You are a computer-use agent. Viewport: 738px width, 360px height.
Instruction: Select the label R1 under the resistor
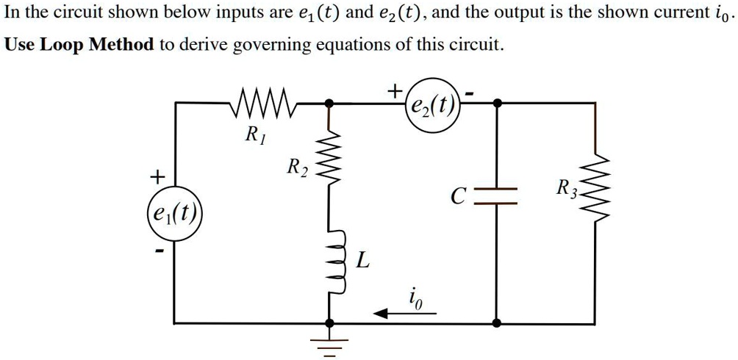252,134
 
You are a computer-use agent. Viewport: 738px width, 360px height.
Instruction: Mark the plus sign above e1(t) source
156,177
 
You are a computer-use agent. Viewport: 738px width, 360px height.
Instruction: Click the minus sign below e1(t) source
157,251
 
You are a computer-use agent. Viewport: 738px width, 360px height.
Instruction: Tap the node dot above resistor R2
330,104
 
